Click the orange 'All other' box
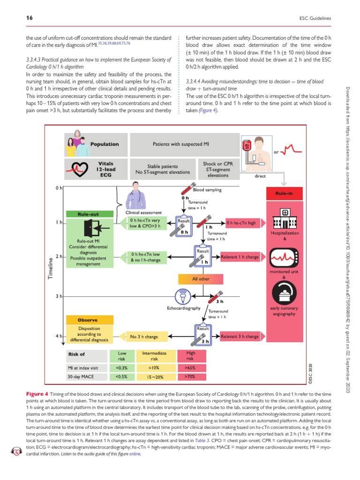pyautogui.click(x=201, y=279)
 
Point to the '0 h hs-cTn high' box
pyautogui.click(x=241, y=223)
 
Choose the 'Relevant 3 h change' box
pyautogui.click(x=240, y=336)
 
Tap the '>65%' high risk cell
pyautogui.click(x=191, y=367)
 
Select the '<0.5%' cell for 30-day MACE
pyautogui.click(x=120, y=376)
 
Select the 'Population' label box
pyautogui.click(x=105, y=144)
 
